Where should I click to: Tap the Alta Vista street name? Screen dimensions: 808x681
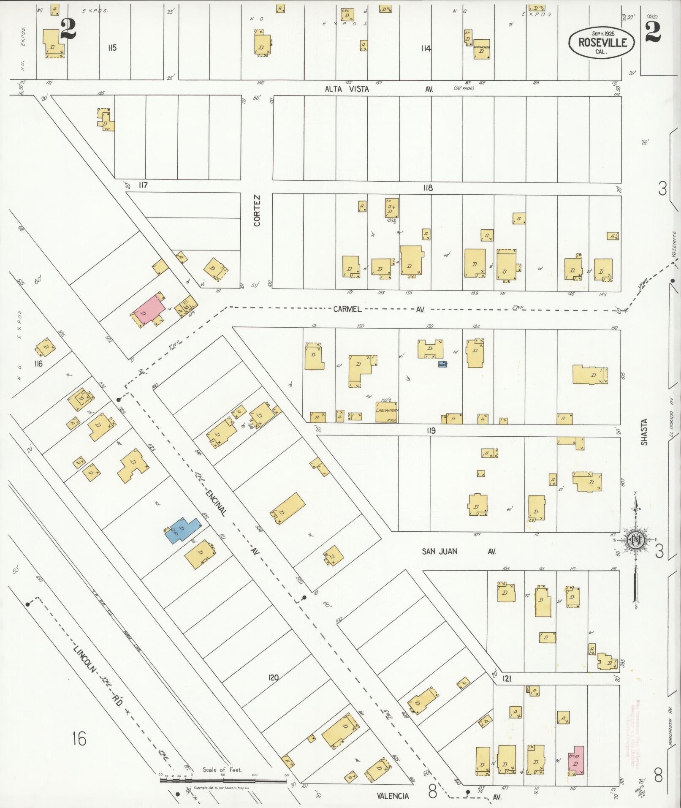(x=347, y=89)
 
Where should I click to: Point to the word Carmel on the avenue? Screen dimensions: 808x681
(x=347, y=309)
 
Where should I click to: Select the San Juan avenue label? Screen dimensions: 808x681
(x=440, y=551)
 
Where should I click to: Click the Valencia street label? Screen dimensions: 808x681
(x=393, y=796)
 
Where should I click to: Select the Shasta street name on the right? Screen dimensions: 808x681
(x=643, y=432)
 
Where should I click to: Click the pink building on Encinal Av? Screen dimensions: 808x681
(x=148, y=310)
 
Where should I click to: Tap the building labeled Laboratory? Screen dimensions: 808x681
(x=387, y=412)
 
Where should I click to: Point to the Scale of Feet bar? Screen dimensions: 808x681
(x=222, y=781)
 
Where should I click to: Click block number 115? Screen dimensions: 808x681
(x=111, y=48)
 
